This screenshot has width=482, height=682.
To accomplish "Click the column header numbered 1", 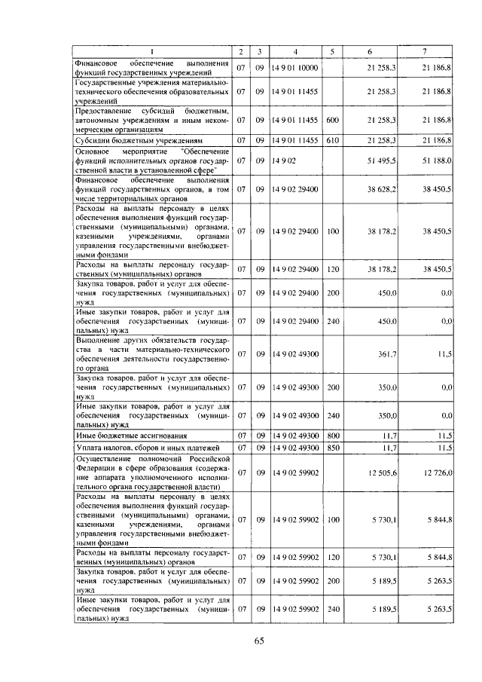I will pyautogui.click(x=151, y=51).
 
